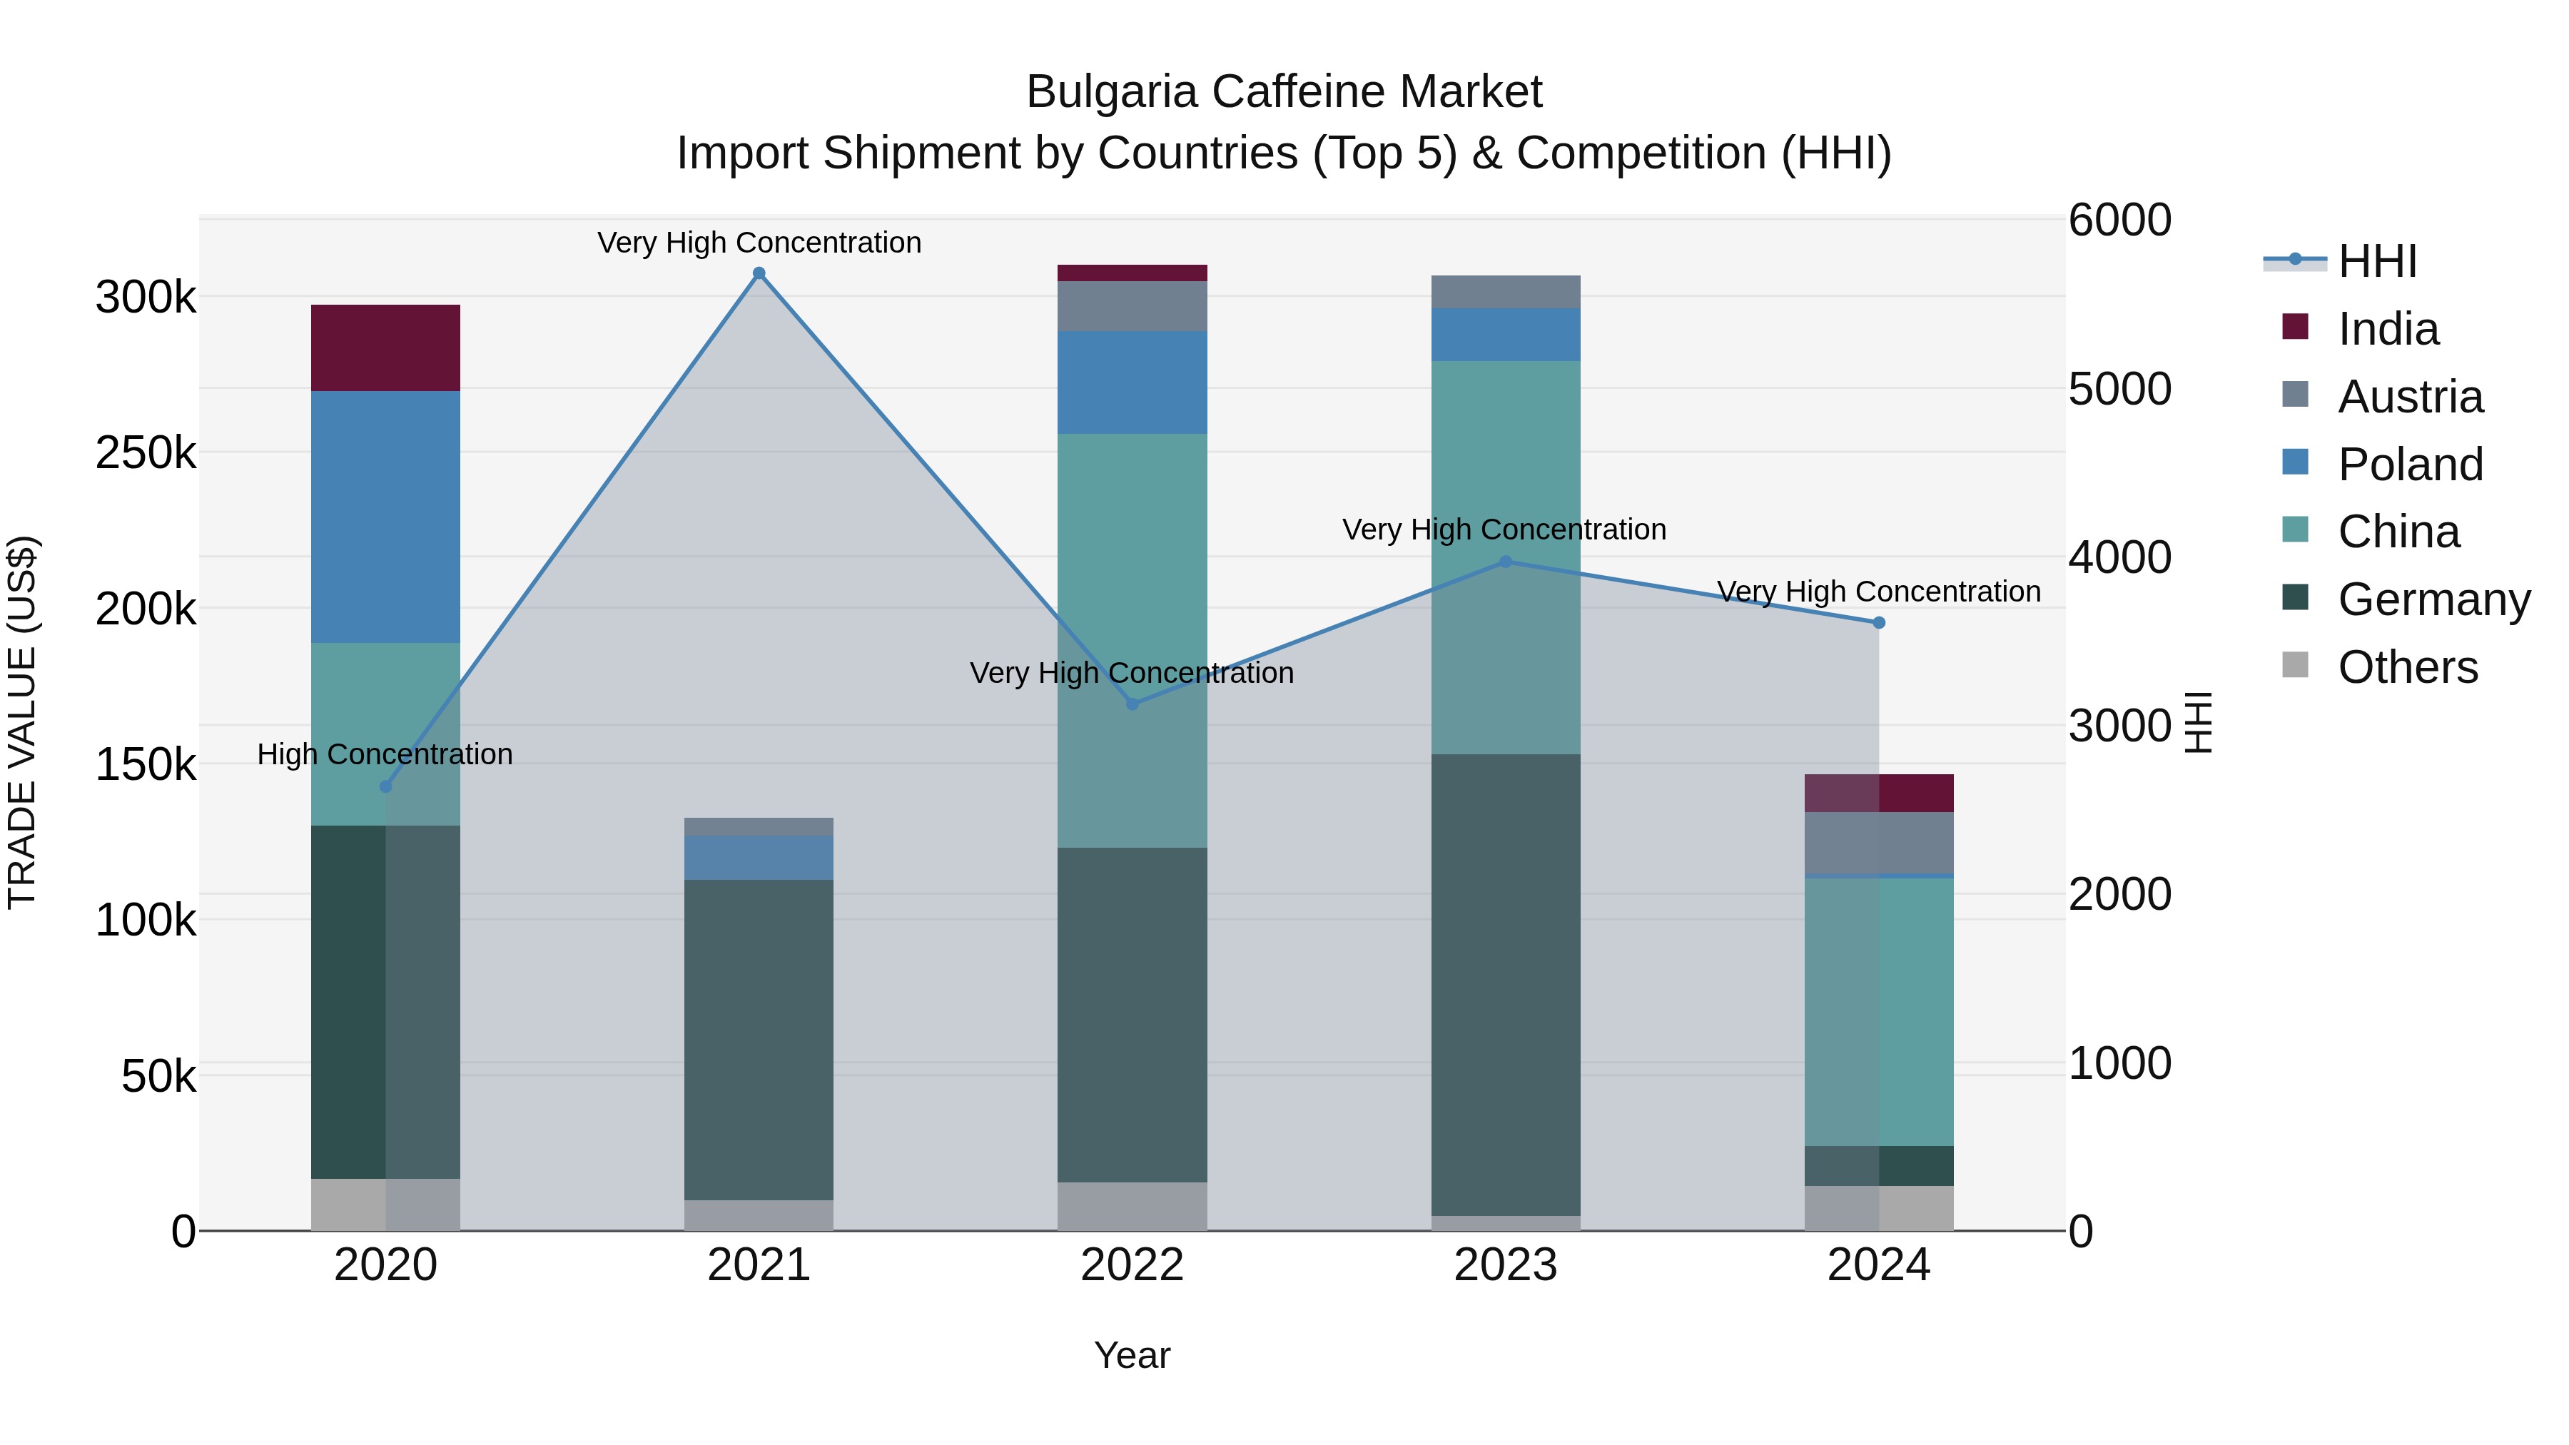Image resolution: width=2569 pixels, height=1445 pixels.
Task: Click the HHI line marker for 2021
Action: (x=759, y=273)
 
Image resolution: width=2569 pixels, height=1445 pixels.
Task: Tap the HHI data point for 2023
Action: (x=1506, y=562)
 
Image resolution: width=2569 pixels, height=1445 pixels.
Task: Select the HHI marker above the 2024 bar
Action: (x=1879, y=622)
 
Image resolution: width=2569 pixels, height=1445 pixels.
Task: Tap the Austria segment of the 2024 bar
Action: (x=1879, y=843)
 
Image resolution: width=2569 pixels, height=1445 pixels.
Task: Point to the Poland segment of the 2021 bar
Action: (x=759, y=858)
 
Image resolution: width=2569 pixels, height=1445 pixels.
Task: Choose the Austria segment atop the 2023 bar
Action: (x=1506, y=291)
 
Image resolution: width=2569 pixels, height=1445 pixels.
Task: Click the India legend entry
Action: (x=2388, y=329)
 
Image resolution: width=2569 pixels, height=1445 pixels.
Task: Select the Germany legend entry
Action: (x=2433, y=599)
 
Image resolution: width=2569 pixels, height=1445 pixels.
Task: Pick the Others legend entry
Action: (x=2408, y=667)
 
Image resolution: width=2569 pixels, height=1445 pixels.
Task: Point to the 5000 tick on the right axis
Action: (x=2119, y=389)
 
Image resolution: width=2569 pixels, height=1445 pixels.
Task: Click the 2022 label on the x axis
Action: (x=1132, y=1265)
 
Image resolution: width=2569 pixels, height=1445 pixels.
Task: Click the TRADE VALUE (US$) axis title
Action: (x=22, y=722)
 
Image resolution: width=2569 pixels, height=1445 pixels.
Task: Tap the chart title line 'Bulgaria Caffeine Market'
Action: (x=1284, y=92)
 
